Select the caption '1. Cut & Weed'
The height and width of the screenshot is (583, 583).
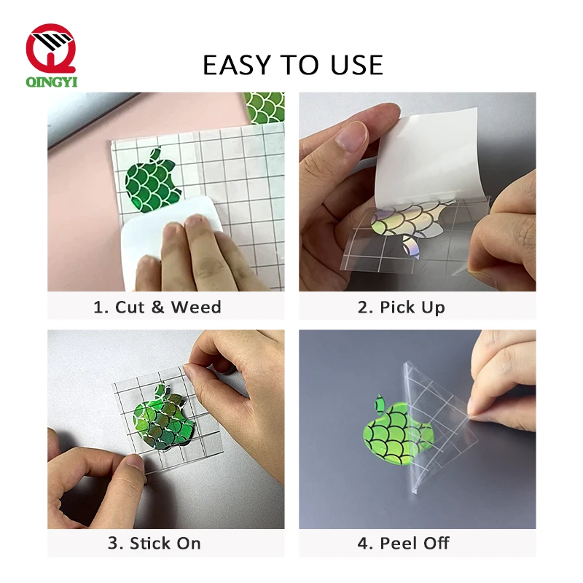(157, 307)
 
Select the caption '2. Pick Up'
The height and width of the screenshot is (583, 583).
(411, 307)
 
